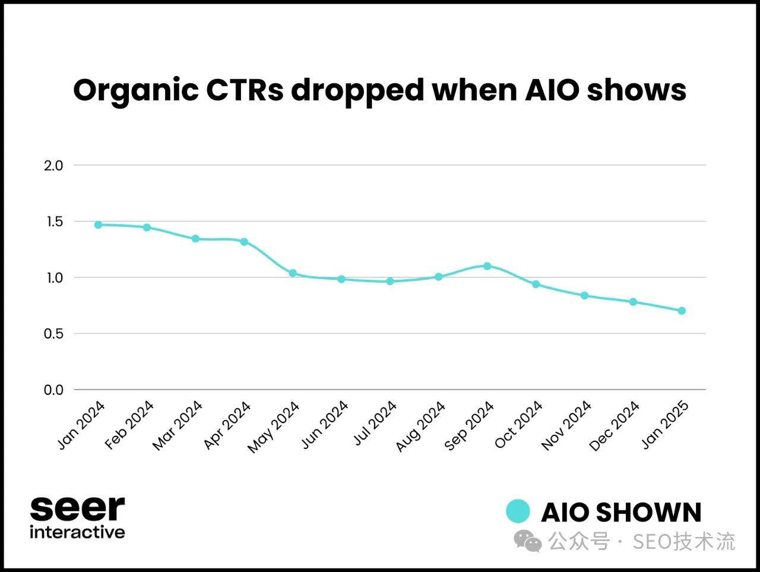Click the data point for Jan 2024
98,225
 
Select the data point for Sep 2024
487,266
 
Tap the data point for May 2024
293,273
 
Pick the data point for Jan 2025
682,311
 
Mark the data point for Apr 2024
244,242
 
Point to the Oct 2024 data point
536,284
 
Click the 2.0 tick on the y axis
53,166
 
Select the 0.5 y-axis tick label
53,334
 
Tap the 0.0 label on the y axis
53,390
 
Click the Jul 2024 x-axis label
375,423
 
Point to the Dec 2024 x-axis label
615,425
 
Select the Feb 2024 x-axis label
129,425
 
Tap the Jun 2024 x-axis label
325,425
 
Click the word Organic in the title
136,91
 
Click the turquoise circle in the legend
518,511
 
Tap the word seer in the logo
77,508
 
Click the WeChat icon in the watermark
528,541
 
